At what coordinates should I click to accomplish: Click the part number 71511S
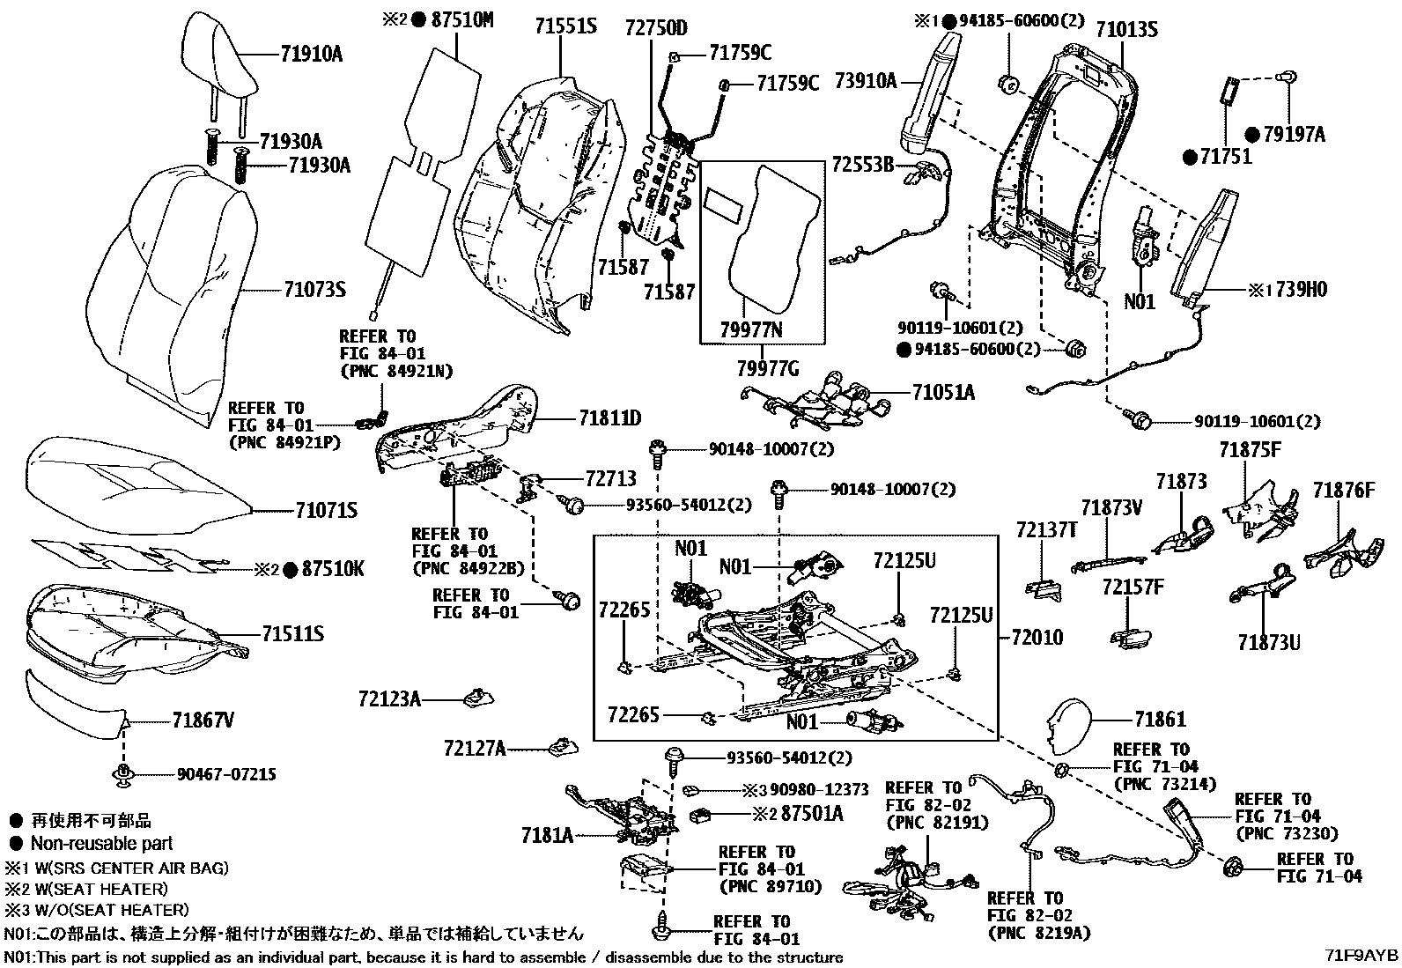(292, 633)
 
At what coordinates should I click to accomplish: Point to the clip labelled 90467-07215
(122, 774)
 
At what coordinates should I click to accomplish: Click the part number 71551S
(564, 26)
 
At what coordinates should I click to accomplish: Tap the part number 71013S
(1126, 30)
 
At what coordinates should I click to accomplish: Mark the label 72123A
(389, 699)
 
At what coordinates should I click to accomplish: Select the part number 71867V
(203, 721)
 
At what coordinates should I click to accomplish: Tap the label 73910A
(866, 81)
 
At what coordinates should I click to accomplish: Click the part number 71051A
(943, 393)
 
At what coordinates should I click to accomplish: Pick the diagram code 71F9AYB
(1363, 956)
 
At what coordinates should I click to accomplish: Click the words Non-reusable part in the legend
(102, 843)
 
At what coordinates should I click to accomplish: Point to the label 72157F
(1133, 587)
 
